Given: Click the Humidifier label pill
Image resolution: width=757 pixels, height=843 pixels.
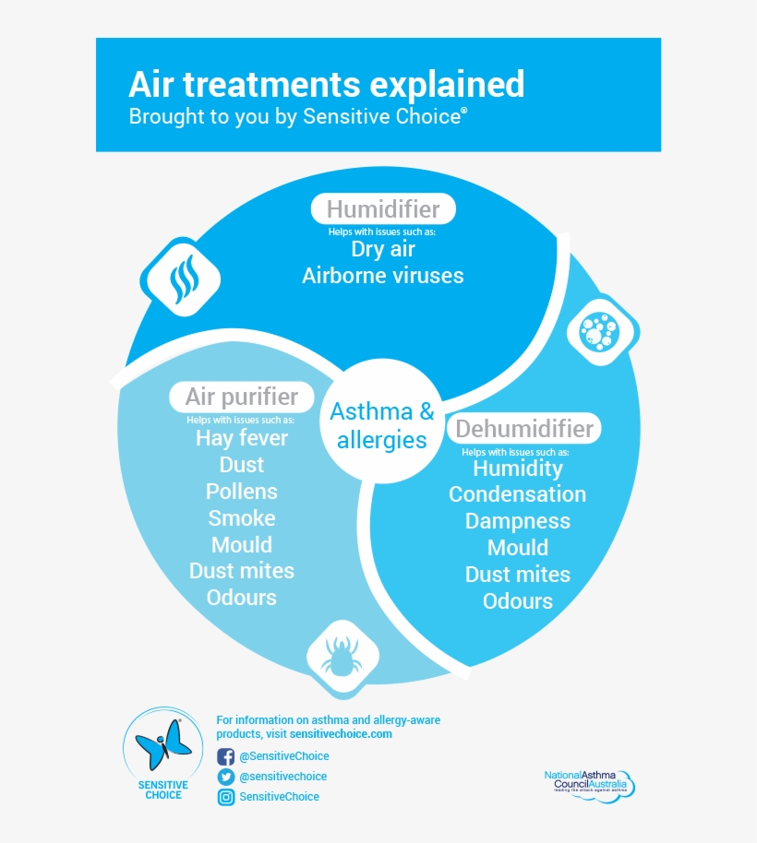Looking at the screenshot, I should [x=382, y=208].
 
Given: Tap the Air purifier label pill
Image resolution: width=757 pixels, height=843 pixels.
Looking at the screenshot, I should [x=241, y=397].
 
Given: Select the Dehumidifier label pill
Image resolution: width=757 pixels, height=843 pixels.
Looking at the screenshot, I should [x=523, y=429].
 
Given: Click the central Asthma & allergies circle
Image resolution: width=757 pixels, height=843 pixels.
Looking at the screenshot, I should [x=382, y=425].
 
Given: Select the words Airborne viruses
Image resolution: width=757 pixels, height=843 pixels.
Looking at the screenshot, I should [x=382, y=275].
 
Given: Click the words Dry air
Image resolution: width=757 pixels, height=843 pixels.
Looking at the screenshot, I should [x=382, y=249].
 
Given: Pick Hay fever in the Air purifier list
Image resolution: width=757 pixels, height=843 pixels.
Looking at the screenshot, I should [x=242, y=438].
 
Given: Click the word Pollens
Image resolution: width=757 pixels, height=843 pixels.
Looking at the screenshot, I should [x=242, y=492].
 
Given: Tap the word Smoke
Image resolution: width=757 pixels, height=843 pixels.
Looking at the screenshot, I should [x=242, y=518].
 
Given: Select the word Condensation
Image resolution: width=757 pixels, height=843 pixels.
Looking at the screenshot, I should [x=517, y=494].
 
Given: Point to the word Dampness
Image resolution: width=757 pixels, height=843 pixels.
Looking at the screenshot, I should [x=517, y=521].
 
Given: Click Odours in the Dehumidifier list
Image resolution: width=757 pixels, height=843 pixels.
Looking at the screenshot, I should [x=517, y=601].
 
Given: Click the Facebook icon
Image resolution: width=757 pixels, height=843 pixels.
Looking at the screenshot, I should [x=225, y=756].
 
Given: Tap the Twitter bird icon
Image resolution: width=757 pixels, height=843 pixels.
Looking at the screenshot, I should [x=225, y=777].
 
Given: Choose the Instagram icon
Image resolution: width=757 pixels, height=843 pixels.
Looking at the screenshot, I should [x=225, y=797].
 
